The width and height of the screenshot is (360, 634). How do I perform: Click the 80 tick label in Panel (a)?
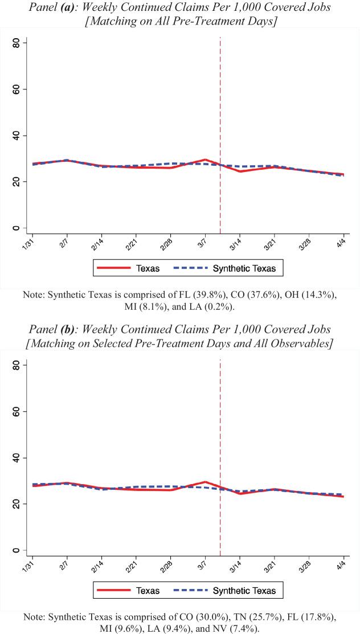pyautogui.click(x=16, y=43)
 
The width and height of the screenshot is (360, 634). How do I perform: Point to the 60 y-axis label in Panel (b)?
pyautogui.click(x=16, y=412)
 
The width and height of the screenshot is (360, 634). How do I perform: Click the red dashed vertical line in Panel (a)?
pyautogui.click(x=220, y=114)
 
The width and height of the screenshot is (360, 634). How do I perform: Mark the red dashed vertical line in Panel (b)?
pyautogui.click(x=220, y=433)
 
